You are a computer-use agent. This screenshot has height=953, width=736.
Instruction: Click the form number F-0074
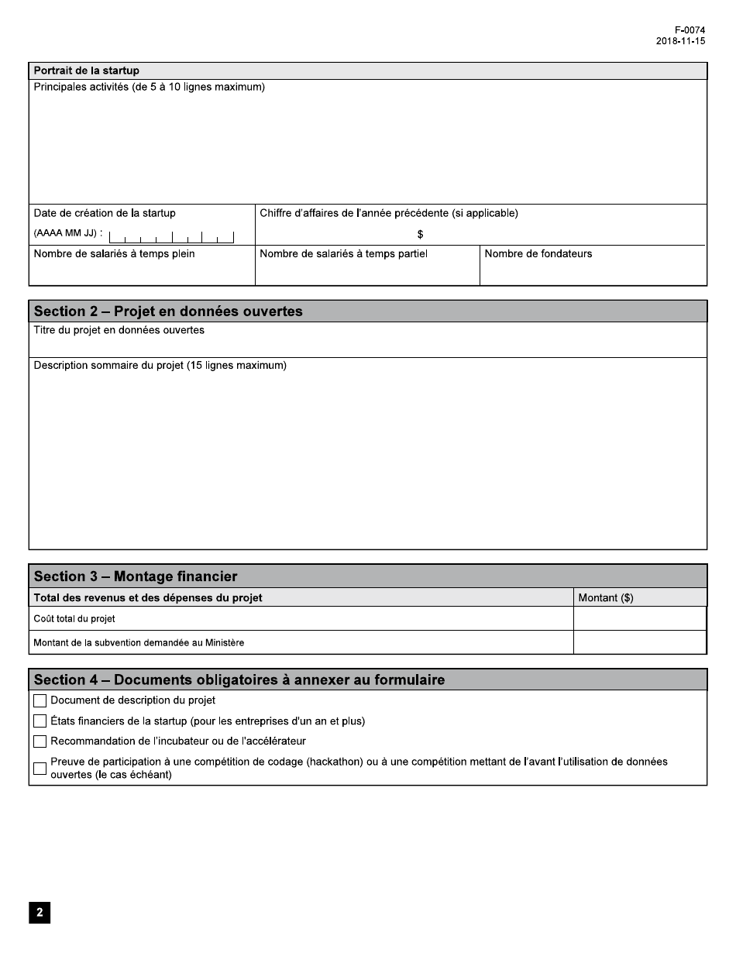[690, 30]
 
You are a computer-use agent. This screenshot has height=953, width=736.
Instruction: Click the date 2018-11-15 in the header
[680, 41]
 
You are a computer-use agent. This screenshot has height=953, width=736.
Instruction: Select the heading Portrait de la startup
[86, 71]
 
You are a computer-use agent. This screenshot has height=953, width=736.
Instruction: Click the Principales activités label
[149, 87]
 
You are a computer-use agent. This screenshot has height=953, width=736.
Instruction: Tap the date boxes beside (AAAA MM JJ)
[171, 237]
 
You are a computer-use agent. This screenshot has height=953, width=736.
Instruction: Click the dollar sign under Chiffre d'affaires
[420, 234]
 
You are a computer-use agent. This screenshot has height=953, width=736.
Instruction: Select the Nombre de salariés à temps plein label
[114, 253]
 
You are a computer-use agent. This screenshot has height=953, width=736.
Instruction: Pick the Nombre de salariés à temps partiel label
[343, 253]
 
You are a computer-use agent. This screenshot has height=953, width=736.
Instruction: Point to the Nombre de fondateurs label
[538, 253]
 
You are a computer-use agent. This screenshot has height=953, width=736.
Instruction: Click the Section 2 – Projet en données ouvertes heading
[168, 311]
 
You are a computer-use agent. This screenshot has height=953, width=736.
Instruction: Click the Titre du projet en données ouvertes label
[119, 330]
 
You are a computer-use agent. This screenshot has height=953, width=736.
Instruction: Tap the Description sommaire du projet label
[160, 365]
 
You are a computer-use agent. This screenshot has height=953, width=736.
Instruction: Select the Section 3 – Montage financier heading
[136, 576]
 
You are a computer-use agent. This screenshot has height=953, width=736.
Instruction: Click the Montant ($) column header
[606, 597]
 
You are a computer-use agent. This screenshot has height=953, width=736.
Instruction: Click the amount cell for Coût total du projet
[639, 618]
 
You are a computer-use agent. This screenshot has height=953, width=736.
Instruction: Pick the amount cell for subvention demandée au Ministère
[639, 642]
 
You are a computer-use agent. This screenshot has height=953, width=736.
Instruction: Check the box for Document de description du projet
[40, 700]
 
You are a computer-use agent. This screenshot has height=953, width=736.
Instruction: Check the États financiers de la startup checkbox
[40, 721]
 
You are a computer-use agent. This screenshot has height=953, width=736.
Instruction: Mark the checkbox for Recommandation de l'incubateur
[40, 741]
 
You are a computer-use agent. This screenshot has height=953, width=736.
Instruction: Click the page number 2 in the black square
[40, 913]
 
